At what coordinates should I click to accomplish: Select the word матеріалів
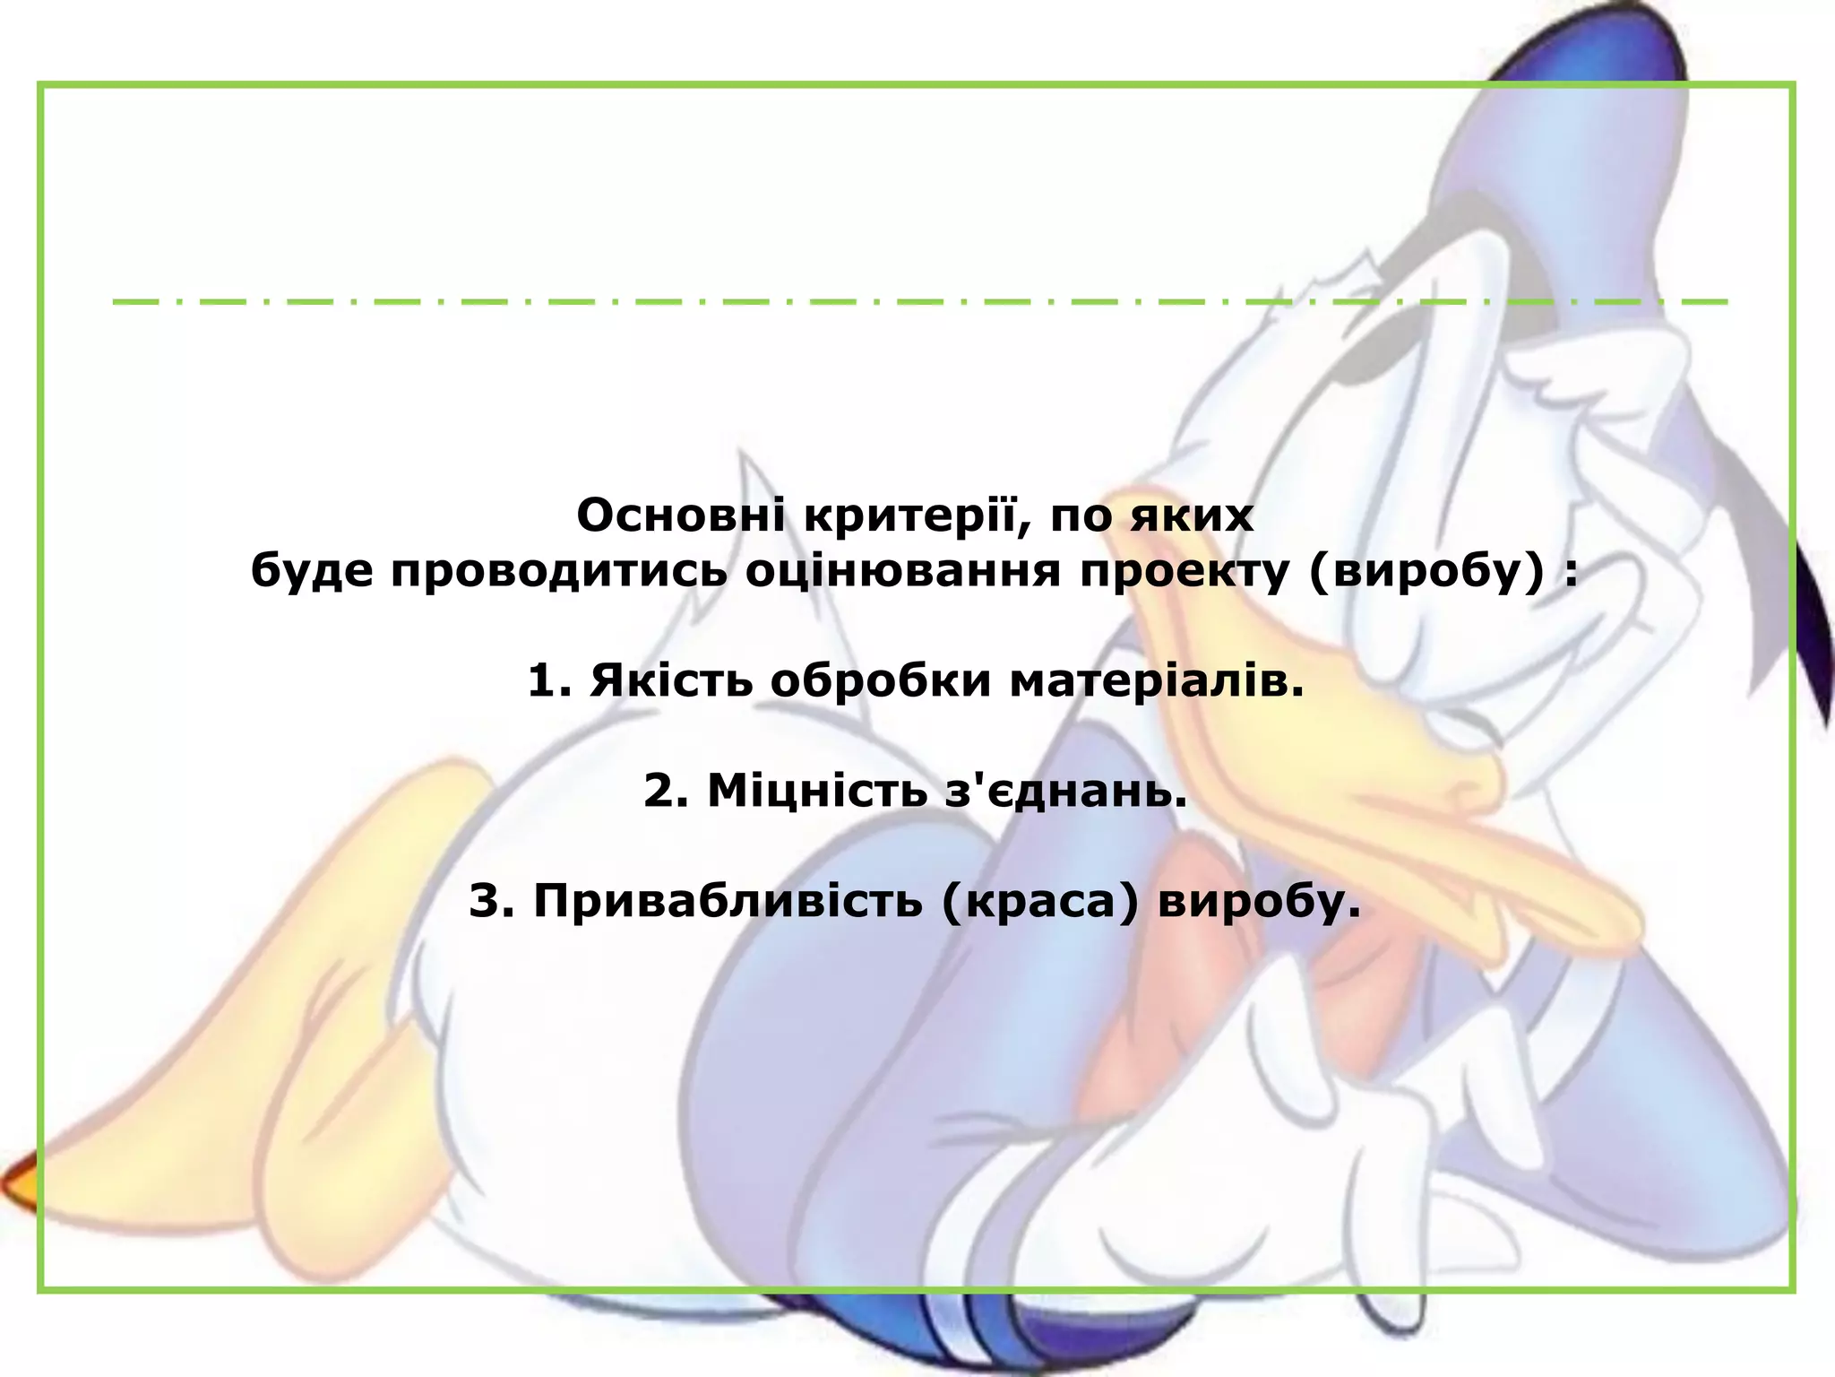1157,681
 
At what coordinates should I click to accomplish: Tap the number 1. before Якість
548,681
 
